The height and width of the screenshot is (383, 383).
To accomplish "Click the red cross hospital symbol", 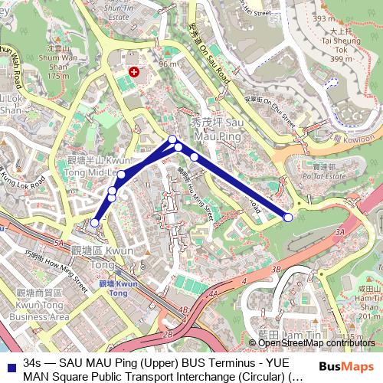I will [136, 71].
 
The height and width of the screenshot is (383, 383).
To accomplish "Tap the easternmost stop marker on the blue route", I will [288, 218].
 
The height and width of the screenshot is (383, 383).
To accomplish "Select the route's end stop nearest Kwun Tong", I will [93, 223].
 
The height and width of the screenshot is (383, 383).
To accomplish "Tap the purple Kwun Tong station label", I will [113, 288].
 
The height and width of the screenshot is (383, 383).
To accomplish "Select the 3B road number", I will [277, 270].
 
